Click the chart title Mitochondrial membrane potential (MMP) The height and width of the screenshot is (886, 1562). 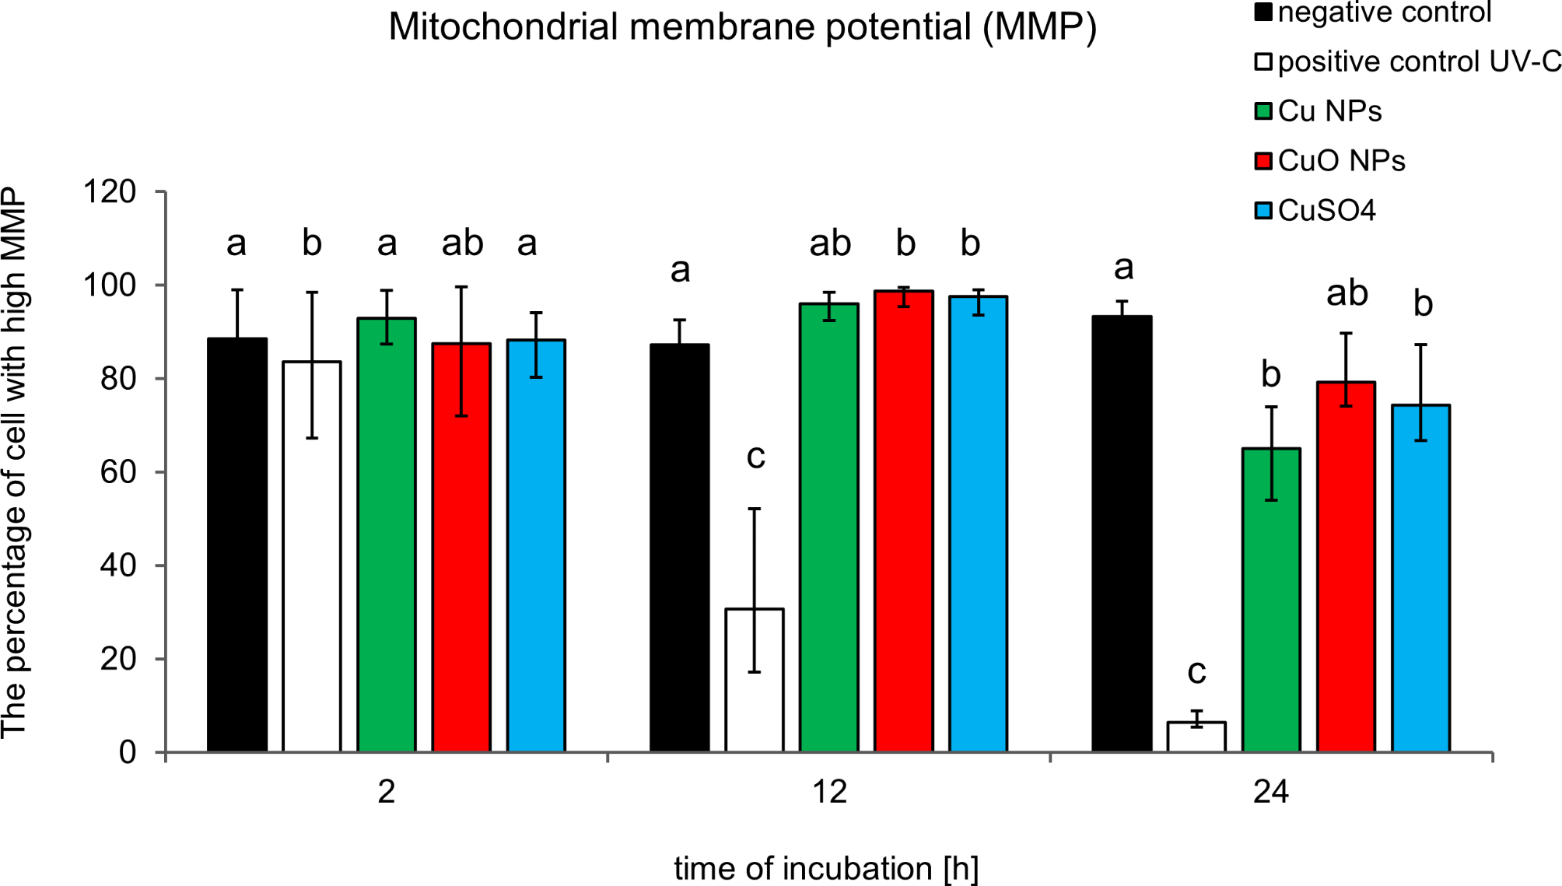(x=742, y=27)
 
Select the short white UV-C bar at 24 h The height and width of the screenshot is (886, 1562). (x=1196, y=737)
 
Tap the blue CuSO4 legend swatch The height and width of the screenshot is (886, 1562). (x=1263, y=211)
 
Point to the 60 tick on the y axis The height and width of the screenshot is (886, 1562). (x=118, y=472)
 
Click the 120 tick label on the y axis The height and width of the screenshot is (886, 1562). (x=110, y=192)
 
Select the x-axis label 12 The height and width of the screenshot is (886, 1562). (x=829, y=792)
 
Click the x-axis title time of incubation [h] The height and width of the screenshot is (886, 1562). (x=826, y=868)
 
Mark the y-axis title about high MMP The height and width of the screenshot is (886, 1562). (x=16, y=463)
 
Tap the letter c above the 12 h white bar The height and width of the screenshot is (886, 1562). (x=755, y=457)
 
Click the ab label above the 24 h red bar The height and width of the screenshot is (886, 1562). (x=1347, y=293)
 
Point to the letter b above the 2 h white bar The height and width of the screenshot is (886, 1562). (x=312, y=243)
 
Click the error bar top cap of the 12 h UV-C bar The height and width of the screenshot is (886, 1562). (x=754, y=509)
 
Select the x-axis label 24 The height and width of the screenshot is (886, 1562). (x=1271, y=792)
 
